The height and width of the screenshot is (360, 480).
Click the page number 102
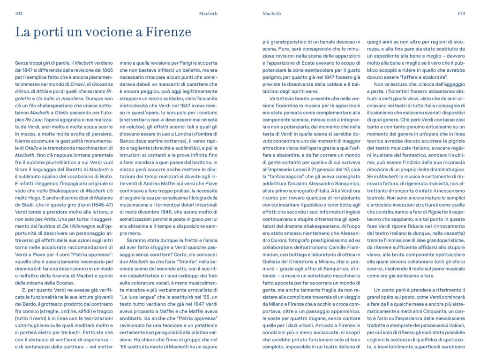pos(19,14)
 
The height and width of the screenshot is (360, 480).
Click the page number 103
pos(461,14)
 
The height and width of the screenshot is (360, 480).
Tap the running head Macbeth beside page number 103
pos(272,14)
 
